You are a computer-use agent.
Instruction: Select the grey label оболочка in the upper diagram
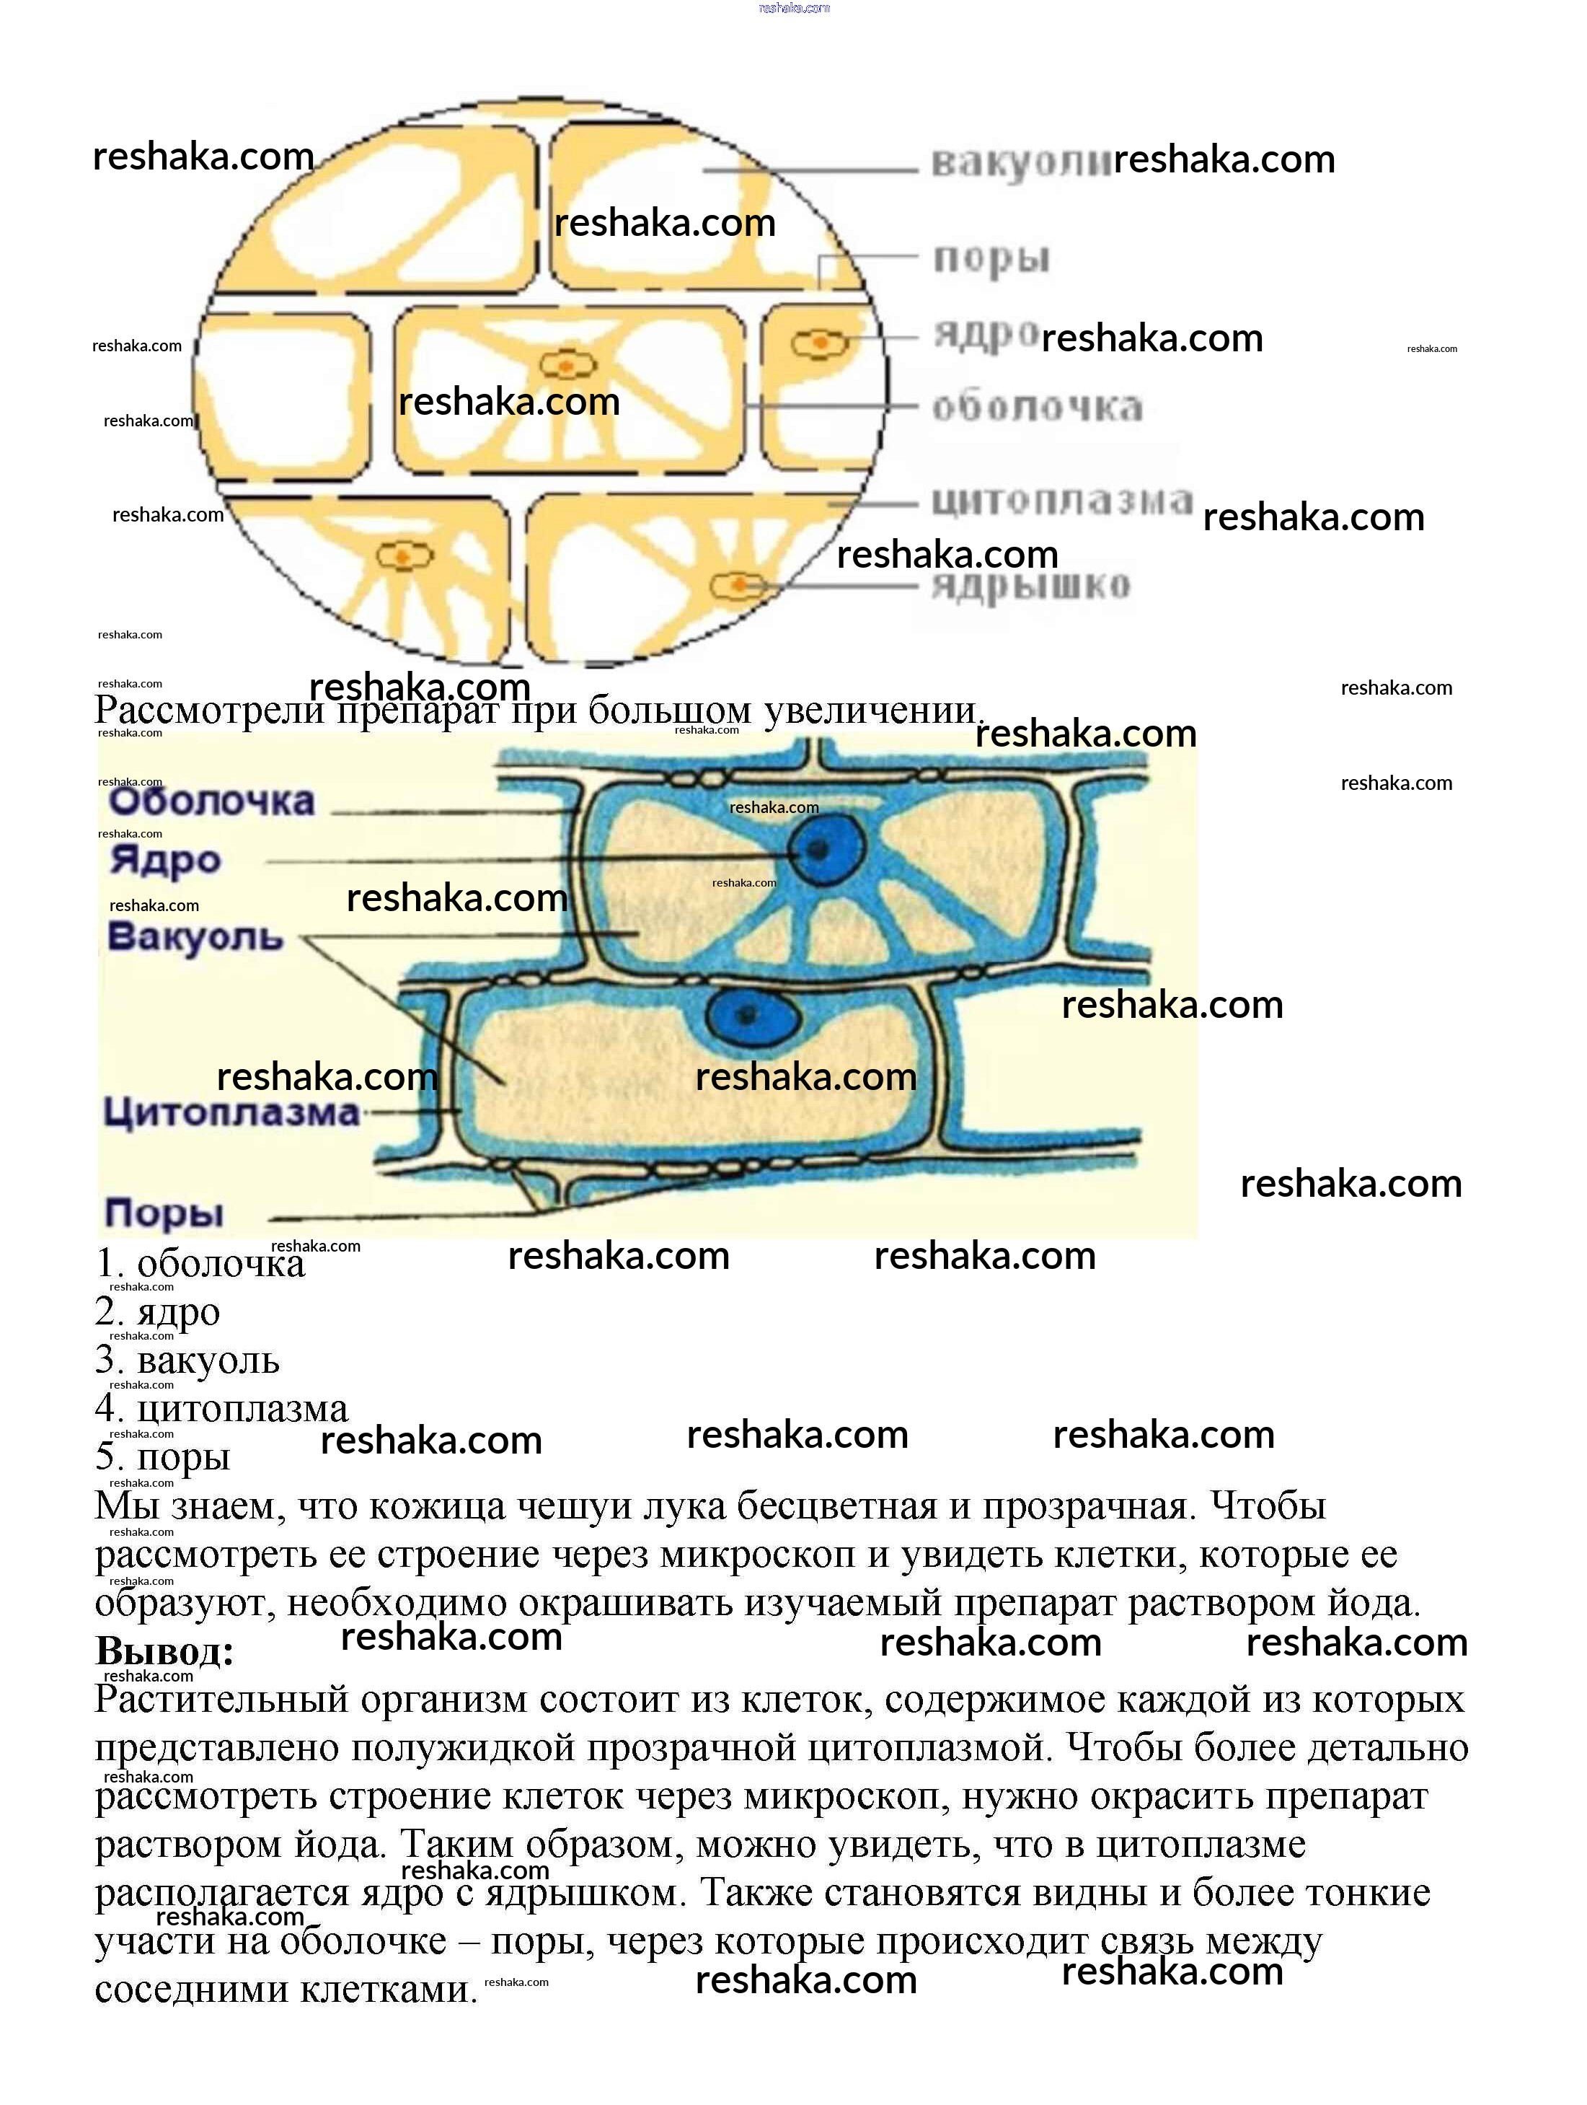pos(1036,408)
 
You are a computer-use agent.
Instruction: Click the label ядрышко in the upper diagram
pos(1031,584)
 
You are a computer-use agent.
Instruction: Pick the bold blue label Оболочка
pos(211,801)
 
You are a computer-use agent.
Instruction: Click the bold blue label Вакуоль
pos(196,937)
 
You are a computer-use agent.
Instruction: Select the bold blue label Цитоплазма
pos(231,1112)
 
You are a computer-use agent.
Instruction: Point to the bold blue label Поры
pos(164,1213)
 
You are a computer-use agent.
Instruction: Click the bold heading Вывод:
pos(164,1651)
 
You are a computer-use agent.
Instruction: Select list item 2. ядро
pos(158,1312)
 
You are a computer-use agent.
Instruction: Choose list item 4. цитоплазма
pos(221,1408)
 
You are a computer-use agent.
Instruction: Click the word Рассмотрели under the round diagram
pos(209,711)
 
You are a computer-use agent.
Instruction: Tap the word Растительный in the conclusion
pos(221,1700)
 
